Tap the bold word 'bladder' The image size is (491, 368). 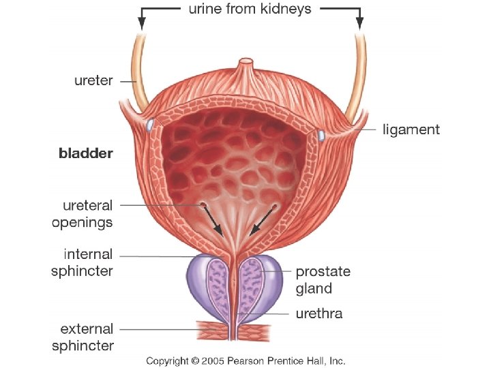coord(85,153)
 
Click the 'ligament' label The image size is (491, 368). coord(411,129)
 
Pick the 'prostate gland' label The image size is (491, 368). coord(323,279)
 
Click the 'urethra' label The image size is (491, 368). coord(318,313)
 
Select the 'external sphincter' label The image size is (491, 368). coord(83,337)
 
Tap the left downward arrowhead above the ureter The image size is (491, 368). coord(142,22)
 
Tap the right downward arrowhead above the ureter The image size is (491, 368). coord(359,22)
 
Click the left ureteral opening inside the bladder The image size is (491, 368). coord(203,204)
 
